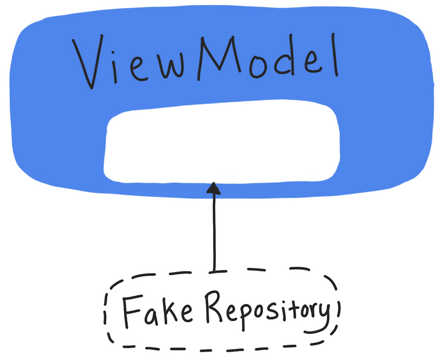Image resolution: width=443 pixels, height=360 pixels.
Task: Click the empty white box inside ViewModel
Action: (x=221, y=144)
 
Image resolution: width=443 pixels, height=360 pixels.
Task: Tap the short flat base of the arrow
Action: (x=214, y=271)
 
